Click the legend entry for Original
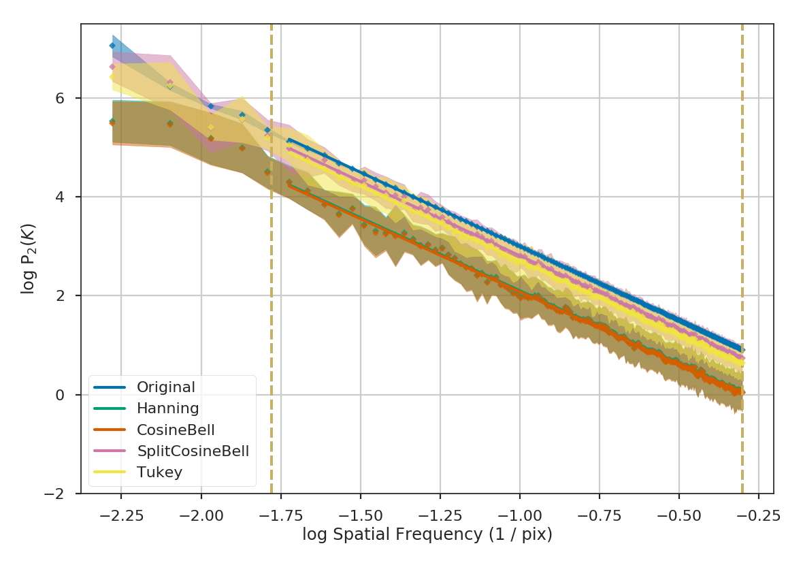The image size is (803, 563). point(165,387)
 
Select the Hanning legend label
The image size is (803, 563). point(167,408)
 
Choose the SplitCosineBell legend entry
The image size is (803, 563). point(193,451)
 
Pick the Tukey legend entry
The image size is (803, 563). point(159,472)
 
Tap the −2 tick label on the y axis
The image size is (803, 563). point(64,494)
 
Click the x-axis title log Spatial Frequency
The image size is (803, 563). point(427,535)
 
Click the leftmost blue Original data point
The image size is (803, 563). point(112,46)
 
